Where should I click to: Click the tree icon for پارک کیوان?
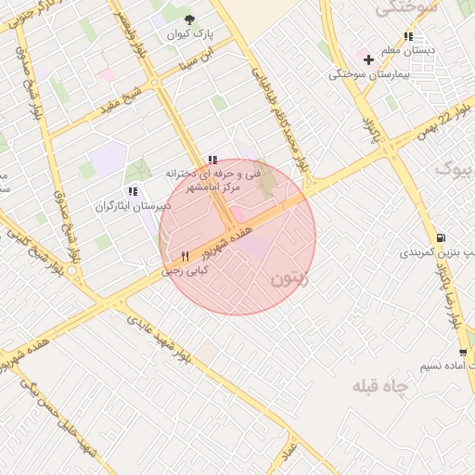(190, 19)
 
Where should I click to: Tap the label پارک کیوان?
(190, 33)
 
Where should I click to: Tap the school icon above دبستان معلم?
(408, 37)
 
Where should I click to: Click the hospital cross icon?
(368, 59)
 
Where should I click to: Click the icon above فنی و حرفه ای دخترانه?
(213, 160)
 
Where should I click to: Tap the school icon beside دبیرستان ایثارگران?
(133, 191)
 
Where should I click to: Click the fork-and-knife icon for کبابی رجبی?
(186, 256)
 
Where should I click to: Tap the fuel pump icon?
(440, 237)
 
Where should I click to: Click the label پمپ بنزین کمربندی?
(437, 252)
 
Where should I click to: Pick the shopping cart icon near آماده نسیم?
(463, 352)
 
